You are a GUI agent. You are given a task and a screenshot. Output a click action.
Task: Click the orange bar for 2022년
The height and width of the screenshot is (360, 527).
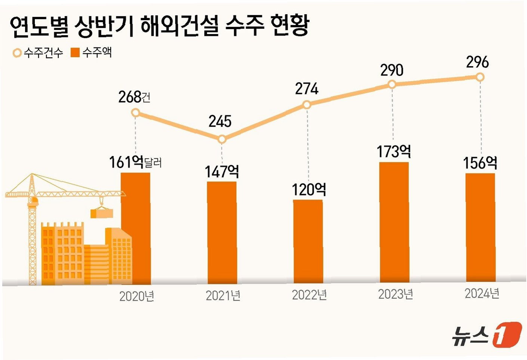(x=308, y=241)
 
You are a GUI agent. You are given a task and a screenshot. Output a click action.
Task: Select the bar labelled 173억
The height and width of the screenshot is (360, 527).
(x=395, y=222)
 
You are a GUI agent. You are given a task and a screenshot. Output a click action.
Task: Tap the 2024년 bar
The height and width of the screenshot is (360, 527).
(x=481, y=227)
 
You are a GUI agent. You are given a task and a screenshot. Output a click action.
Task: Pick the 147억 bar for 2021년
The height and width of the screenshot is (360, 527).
(x=222, y=233)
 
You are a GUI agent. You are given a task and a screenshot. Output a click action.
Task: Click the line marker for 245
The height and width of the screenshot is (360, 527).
(x=222, y=139)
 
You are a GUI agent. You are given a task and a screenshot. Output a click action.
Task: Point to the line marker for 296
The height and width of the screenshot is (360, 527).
(x=480, y=77)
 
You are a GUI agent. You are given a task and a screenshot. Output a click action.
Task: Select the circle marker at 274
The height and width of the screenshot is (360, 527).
(x=307, y=105)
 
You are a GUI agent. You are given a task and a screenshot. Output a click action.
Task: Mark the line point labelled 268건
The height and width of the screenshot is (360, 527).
(x=135, y=113)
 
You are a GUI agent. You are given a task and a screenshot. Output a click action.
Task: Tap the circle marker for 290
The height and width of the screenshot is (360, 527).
(x=392, y=84)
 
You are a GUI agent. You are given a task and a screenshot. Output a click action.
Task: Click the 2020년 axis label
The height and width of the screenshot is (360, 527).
(x=137, y=296)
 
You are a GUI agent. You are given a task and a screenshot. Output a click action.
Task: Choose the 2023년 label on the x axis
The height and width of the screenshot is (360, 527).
(x=396, y=294)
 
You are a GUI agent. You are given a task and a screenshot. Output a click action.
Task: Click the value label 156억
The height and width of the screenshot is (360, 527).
(x=480, y=163)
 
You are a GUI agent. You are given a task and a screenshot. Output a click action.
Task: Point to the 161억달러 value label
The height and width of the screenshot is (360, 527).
(x=135, y=162)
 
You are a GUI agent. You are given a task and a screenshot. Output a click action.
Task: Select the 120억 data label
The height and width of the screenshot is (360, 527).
(x=309, y=190)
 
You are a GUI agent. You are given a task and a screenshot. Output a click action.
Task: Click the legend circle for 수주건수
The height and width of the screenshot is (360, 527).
(x=17, y=53)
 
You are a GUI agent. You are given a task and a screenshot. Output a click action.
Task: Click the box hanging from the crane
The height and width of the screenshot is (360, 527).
(x=102, y=213)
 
